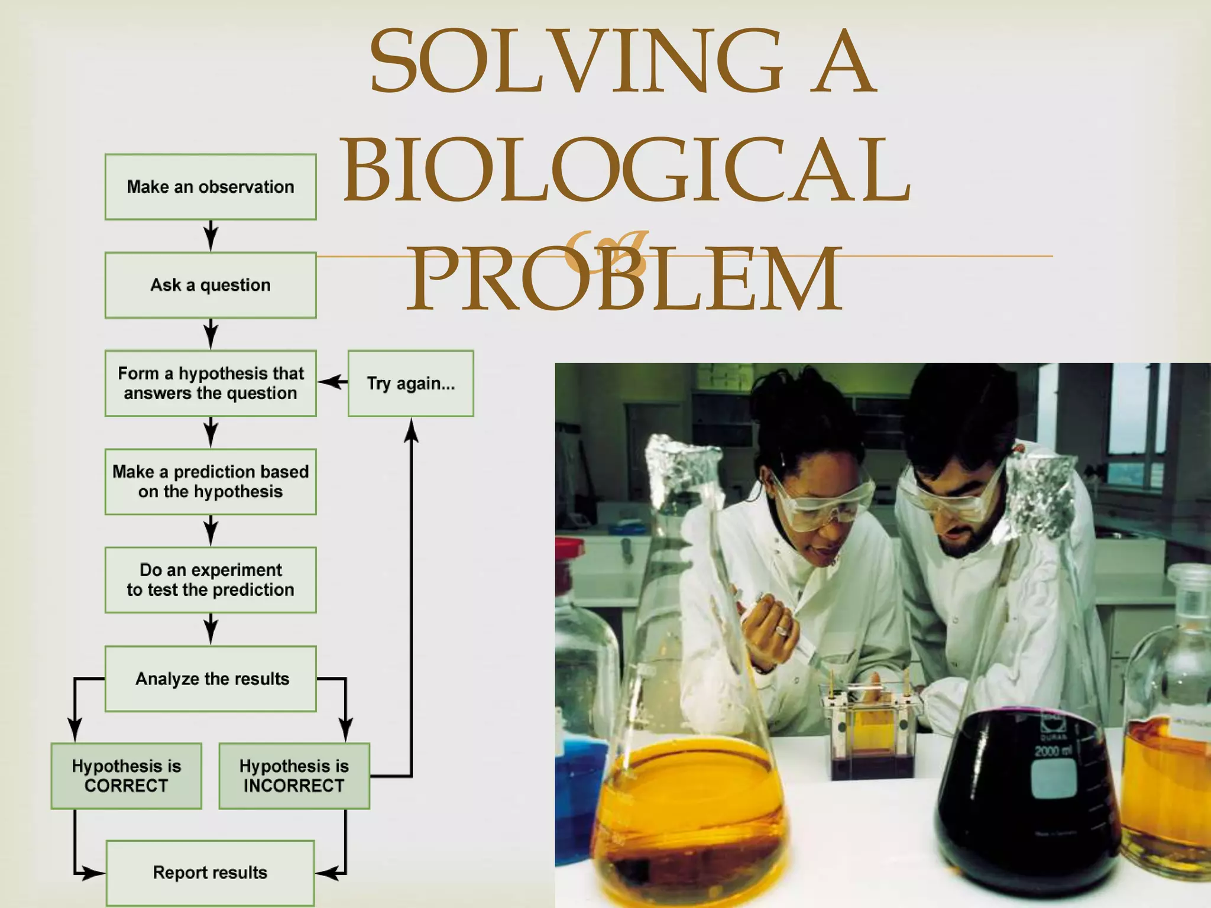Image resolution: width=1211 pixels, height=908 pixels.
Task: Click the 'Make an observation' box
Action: click(211, 187)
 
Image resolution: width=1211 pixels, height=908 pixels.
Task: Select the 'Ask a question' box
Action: click(211, 285)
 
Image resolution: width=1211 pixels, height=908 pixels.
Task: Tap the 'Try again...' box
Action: click(410, 383)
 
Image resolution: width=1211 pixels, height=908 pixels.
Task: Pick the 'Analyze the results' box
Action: click(211, 679)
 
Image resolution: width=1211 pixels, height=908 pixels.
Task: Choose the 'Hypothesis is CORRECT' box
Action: click(126, 776)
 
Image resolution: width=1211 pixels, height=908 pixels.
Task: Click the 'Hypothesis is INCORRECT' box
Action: click(294, 776)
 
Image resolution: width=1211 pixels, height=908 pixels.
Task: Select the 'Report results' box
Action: click(210, 873)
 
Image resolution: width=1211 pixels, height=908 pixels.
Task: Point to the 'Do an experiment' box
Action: click(211, 580)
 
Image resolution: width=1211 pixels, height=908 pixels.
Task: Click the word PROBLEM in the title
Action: click(624, 278)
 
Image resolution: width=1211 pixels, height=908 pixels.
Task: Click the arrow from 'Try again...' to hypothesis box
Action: click(332, 382)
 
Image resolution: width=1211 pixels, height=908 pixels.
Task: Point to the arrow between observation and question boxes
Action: click(211, 236)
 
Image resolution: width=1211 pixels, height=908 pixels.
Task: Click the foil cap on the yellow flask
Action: click(680, 467)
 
